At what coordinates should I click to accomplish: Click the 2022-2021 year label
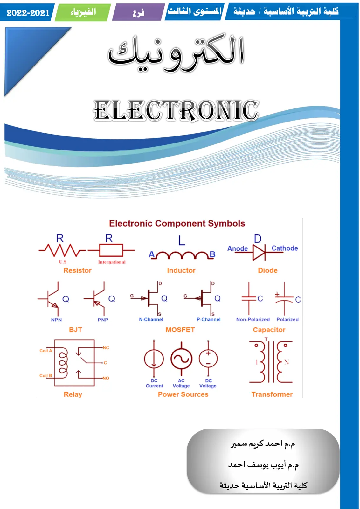click(x=28, y=13)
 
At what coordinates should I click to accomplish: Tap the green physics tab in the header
click(x=83, y=12)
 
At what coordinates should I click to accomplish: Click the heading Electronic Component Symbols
click(x=177, y=223)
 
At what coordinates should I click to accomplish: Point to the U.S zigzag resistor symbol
click(x=62, y=250)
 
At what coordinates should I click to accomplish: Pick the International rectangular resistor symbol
click(x=111, y=250)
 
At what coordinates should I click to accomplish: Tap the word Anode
click(x=238, y=248)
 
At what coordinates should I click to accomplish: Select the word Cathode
click(x=285, y=248)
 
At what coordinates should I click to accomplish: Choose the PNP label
click(x=103, y=320)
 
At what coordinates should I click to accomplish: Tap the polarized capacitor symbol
click(x=284, y=299)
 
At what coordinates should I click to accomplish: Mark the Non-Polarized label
click(x=253, y=319)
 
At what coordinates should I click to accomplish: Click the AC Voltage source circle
click(x=181, y=359)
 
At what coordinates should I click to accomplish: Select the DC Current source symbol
click(x=154, y=359)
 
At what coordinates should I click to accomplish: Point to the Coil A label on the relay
click(x=46, y=351)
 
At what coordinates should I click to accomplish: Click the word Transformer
click(x=272, y=394)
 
